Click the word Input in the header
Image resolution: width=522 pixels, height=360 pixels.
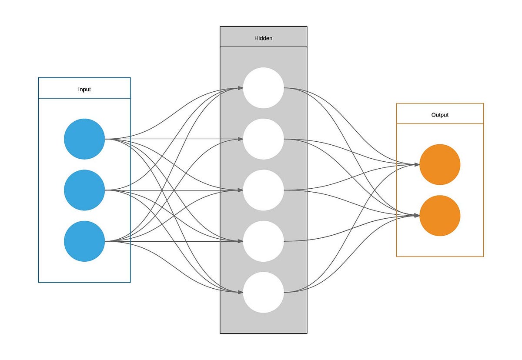[84, 90]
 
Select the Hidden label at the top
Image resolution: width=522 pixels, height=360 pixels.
[263, 38]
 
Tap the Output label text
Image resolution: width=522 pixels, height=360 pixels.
[440, 115]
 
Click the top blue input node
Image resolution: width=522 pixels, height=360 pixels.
[84, 139]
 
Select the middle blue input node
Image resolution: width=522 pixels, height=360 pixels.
[84, 190]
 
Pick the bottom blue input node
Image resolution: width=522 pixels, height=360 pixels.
[84, 241]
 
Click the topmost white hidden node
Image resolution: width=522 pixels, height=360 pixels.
[263, 88]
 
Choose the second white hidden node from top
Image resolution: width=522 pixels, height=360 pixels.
[263, 139]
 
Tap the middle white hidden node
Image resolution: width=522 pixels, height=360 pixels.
[263, 190]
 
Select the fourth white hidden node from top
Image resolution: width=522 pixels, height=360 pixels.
[263, 241]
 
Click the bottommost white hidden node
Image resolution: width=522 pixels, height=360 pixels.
[263, 292]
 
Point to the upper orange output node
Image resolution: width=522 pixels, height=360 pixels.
[440, 164]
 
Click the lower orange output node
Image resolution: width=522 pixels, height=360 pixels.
[440, 216]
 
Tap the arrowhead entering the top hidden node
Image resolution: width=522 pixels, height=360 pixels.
[241, 88]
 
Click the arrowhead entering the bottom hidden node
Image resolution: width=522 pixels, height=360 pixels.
[241, 292]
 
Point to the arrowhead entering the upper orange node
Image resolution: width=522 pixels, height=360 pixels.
[417, 164]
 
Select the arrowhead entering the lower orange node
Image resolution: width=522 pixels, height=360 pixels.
[417, 216]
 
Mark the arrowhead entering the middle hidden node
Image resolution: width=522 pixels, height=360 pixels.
[241, 190]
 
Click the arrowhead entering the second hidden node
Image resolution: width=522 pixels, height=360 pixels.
[241, 139]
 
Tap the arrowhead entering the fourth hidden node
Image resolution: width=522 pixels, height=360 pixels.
[241, 241]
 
